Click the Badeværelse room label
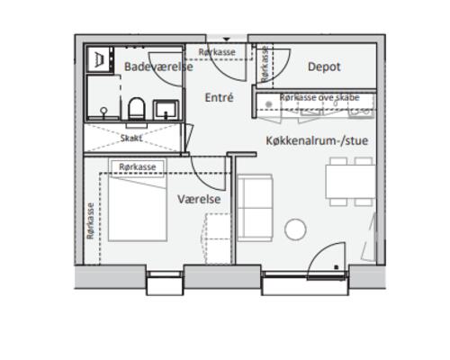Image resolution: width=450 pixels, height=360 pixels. pos(158,67)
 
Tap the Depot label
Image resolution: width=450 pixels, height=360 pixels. pos(324,67)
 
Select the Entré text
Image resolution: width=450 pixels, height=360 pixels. pos(219,97)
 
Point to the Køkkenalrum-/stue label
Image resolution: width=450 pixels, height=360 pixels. pos(317,140)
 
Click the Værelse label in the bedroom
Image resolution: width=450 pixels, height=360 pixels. pos(199,199)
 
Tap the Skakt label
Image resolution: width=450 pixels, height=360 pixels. pos(131,139)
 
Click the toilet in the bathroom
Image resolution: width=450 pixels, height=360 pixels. pos(137,109)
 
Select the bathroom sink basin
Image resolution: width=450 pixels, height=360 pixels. pos(166,110)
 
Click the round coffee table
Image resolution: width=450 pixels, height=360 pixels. pos(295,229)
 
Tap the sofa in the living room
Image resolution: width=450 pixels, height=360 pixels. pos(255,208)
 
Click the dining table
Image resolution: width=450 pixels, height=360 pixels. pos(350,182)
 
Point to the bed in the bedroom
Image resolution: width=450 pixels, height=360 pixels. pos(138,209)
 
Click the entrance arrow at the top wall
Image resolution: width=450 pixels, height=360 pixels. pos(227,40)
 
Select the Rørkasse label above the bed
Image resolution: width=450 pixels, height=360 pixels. pos(138,167)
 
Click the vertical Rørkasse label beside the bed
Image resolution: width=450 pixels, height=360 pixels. pos(90,221)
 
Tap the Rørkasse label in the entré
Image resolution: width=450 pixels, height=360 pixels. pos(217,52)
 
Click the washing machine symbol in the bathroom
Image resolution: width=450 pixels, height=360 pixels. pos(99,58)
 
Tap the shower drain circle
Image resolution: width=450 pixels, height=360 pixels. pos(103,111)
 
